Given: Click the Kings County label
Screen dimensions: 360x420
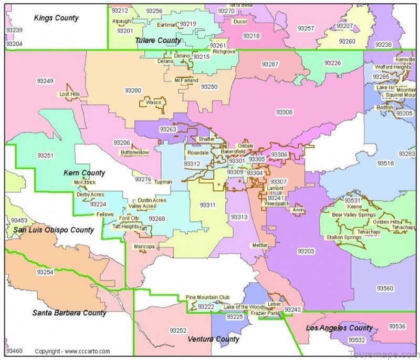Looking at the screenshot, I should tap(56, 18).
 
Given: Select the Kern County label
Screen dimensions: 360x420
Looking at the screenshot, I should tap(84, 173).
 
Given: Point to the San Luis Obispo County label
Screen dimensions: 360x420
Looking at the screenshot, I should tap(54, 230).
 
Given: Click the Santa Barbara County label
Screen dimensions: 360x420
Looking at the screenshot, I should tap(69, 313).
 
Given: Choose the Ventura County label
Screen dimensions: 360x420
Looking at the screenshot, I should tap(214, 339).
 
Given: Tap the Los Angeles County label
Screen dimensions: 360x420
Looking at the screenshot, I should tap(339, 328).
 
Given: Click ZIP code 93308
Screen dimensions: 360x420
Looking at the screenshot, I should tap(284, 112).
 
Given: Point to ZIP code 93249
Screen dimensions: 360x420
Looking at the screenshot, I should tap(45, 81).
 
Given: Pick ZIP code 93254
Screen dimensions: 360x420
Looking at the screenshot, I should tap(45, 272).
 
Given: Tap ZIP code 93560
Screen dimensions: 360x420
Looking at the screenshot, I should tap(385, 288).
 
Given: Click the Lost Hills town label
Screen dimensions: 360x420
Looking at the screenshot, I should tap(69, 95).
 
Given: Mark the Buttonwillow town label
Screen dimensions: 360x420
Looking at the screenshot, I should tap(135, 152).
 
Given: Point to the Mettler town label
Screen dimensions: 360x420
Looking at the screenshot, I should tap(259, 245).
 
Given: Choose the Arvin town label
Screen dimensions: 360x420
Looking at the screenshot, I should tap(298, 210).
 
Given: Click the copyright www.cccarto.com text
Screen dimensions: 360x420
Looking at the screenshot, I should tap(72, 351).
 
